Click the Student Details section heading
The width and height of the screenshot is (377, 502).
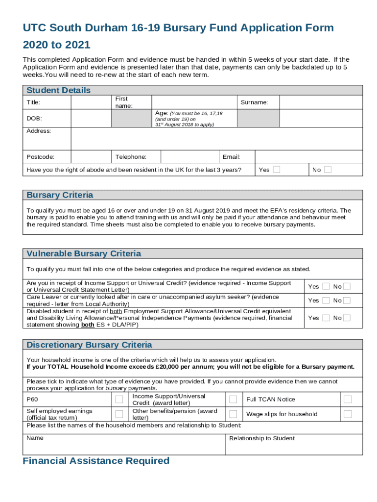point(58,90)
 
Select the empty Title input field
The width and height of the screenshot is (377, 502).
point(91,102)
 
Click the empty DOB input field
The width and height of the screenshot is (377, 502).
point(91,119)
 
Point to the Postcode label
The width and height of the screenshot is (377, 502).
point(40,157)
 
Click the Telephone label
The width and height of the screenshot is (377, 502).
point(131,157)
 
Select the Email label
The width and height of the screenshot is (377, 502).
point(231,157)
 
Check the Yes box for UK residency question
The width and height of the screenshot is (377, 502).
point(277,170)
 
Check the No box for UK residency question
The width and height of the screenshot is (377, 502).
point(328,170)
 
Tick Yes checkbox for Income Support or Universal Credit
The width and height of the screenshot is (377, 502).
point(326,286)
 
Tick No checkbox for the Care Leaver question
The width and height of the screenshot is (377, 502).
point(347,300)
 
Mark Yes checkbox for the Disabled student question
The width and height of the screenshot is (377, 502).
point(326,318)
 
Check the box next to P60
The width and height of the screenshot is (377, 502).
point(119,399)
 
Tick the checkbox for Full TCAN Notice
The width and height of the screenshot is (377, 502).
point(348,399)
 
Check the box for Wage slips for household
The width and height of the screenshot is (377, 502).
point(348,414)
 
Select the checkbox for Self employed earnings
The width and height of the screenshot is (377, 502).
point(119,414)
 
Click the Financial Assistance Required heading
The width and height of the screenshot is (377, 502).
point(96,461)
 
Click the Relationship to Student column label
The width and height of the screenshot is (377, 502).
point(262,438)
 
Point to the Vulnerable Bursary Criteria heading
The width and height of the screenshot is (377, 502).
point(84,253)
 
